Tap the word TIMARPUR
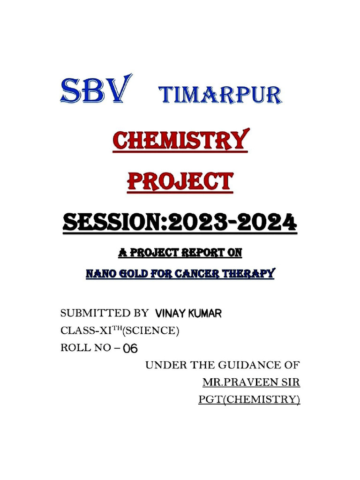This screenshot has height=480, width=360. [221, 95]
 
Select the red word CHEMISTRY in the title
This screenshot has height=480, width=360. [180, 141]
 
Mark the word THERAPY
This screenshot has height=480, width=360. [251, 273]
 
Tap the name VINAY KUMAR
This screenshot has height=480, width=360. [188, 314]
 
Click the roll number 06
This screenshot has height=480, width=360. [129, 349]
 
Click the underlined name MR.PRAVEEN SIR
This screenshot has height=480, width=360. [251, 382]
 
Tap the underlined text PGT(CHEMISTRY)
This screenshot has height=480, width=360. [249, 400]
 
